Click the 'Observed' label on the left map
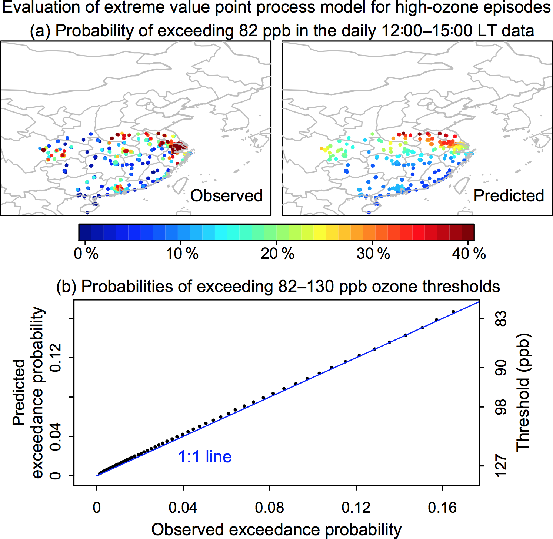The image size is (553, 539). click(x=226, y=195)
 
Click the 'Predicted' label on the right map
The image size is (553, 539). click(x=509, y=195)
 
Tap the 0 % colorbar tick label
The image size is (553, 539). click(x=86, y=254)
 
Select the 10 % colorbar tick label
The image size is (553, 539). click(x=182, y=254)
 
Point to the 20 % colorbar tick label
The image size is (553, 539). click(x=277, y=254)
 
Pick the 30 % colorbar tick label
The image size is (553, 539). click(x=373, y=254)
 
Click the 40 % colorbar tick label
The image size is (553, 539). click(x=469, y=254)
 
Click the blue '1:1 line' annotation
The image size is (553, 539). click(x=205, y=457)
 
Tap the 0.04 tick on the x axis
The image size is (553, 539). click(x=183, y=508)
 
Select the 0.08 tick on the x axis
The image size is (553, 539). click(x=270, y=508)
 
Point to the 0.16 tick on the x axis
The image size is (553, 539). click(x=442, y=508)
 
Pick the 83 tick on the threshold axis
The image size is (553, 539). click(x=501, y=318)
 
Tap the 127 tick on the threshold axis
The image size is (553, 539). click(x=501, y=466)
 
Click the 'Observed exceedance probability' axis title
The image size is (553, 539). click(x=276, y=530)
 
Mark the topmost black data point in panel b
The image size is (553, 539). click(x=453, y=312)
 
